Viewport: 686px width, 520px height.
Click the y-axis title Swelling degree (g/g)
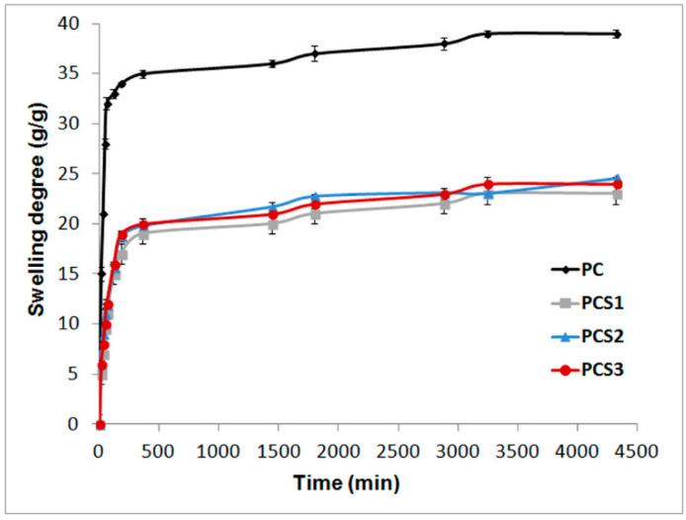[37, 224]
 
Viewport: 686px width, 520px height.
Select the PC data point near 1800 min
[314, 53]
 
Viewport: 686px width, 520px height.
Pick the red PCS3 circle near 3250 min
[488, 184]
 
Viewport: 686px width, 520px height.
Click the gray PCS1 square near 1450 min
[273, 224]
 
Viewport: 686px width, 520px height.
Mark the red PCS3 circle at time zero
[100, 424]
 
